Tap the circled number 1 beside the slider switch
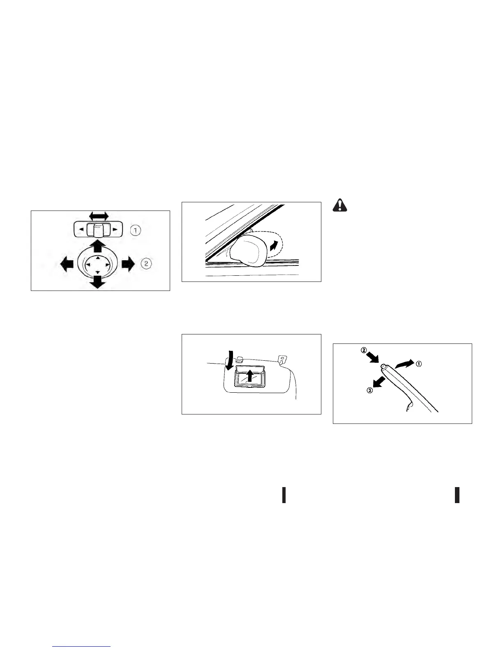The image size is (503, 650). [136, 231]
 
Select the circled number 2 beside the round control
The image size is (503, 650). [146, 263]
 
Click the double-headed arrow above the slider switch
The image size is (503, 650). [99, 216]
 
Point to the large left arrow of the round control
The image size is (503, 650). [66, 264]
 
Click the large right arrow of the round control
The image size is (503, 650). [128, 264]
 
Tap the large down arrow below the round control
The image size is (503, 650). [97, 282]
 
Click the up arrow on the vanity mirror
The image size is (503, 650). [249, 375]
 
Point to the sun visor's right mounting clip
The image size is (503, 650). [282, 360]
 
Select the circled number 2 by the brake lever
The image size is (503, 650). [364, 351]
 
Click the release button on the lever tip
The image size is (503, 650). [383, 366]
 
